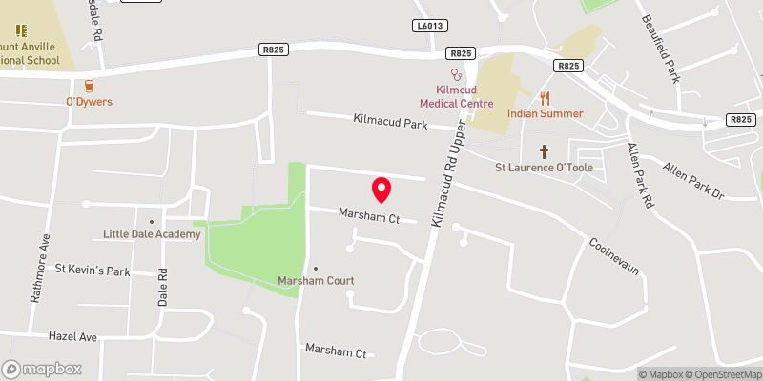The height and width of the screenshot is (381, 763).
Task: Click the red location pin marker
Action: tap(381, 189)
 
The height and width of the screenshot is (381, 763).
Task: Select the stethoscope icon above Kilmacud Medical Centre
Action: tap(457, 72)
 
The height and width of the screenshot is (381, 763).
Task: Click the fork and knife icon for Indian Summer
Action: tap(546, 97)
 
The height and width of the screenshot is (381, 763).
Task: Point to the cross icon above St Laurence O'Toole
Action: tap(545, 150)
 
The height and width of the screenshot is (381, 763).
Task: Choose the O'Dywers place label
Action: tap(90, 102)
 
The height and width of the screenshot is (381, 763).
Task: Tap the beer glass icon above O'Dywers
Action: tap(90, 85)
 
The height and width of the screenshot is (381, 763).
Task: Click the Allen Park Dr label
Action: tap(694, 180)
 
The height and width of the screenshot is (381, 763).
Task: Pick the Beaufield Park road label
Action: tap(686, 48)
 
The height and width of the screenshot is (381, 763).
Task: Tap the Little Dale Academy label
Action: tap(152, 234)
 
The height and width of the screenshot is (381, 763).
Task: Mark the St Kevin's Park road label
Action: tap(92, 271)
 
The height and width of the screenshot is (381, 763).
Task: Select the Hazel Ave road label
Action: tap(75, 337)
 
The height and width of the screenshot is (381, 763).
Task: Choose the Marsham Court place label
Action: tap(316, 281)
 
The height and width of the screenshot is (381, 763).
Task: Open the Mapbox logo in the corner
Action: tap(42, 369)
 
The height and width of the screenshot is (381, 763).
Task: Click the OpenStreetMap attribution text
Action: tap(724, 374)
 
